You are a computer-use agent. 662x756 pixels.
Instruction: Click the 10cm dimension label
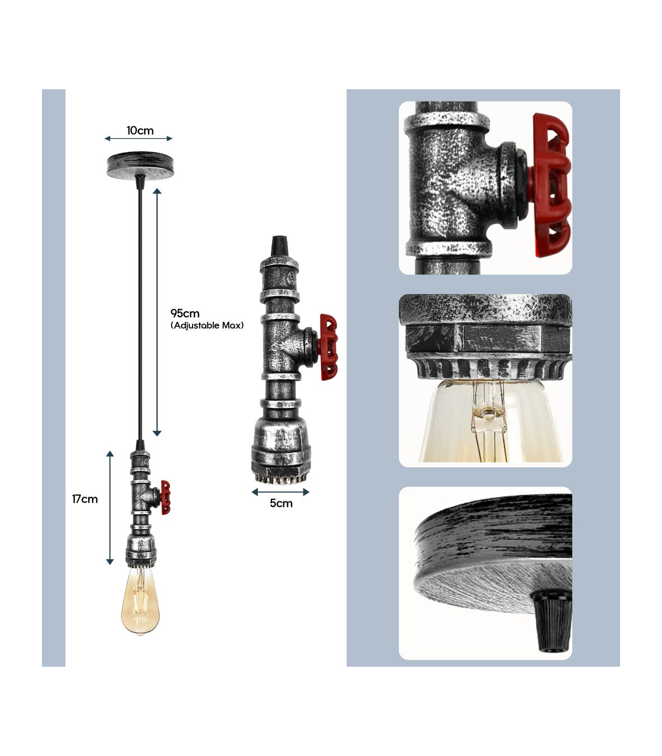point(140,131)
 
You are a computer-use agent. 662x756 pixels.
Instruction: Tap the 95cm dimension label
point(185,314)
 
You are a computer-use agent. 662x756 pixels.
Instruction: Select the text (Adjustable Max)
point(207,326)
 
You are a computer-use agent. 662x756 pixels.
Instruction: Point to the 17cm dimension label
point(85,499)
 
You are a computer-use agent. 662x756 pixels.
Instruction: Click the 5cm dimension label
point(281,503)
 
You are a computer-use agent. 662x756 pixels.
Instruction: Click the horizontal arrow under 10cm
point(138,138)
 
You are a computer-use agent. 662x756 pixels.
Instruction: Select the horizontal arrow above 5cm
point(280,492)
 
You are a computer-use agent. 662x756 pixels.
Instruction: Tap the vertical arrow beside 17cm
point(110,507)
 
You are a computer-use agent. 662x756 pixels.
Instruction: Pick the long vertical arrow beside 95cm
point(157,312)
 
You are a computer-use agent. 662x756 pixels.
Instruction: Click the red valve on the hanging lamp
point(165,498)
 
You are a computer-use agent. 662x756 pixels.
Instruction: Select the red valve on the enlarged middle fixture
point(328,347)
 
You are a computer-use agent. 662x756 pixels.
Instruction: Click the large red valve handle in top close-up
point(551,185)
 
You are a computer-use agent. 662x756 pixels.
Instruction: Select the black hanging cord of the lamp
point(140,314)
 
